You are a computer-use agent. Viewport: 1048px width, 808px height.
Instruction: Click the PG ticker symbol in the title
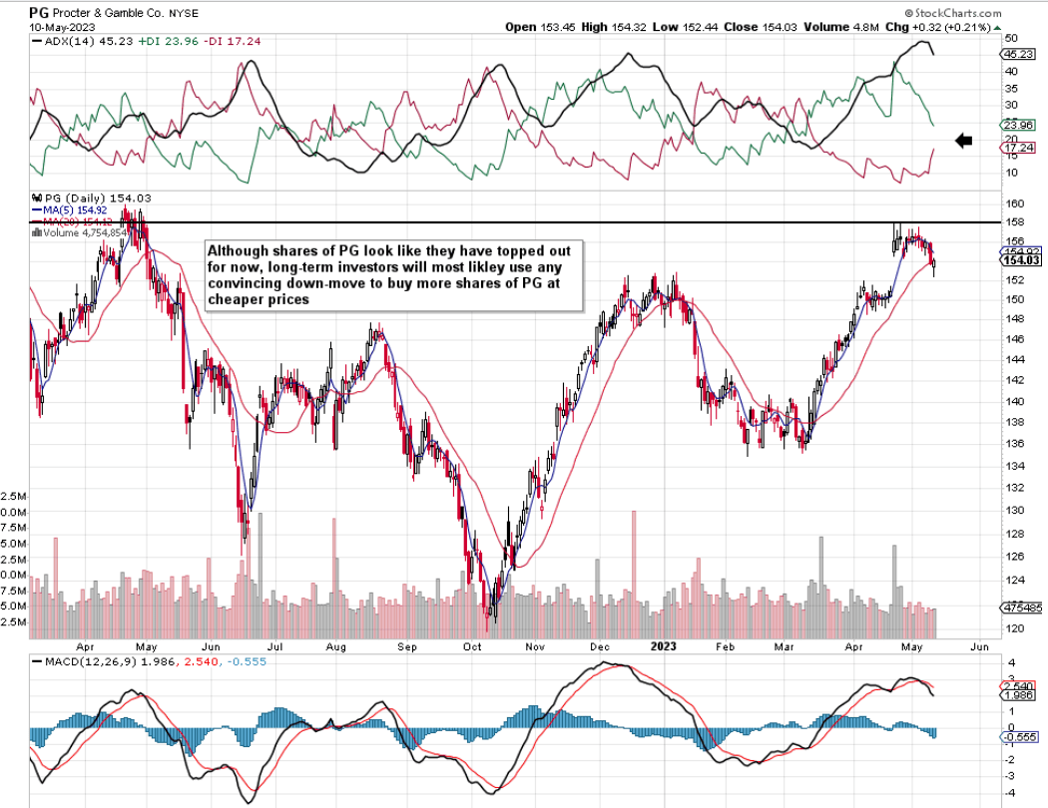(x=40, y=11)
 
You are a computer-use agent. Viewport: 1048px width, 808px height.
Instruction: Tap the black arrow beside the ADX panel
(x=964, y=141)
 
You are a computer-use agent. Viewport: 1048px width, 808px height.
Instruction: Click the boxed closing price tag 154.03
(x=1017, y=259)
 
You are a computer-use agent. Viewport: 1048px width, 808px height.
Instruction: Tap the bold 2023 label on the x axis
(x=663, y=646)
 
